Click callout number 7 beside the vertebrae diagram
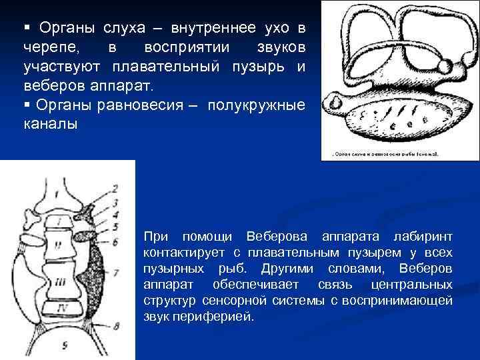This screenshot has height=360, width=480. point(115,272)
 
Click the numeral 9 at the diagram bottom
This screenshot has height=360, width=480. point(64,346)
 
